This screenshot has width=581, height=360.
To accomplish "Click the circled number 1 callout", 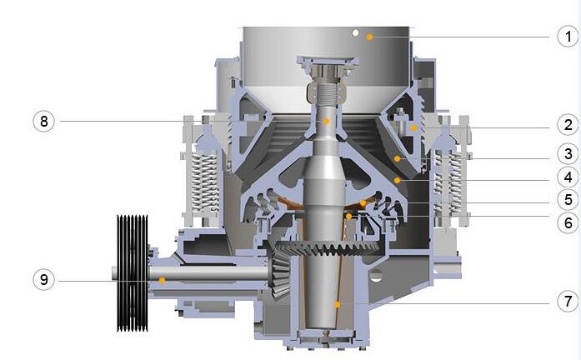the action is pyautogui.click(x=568, y=37).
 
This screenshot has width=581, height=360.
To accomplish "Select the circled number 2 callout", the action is pyautogui.click(x=568, y=125).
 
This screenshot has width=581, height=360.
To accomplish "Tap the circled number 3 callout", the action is pyautogui.click(x=568, y=154).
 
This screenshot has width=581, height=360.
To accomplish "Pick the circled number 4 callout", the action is pyautogui.click(x=568, y=177).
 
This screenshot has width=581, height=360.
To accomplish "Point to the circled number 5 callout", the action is pyautogui.click(x=568, y=200).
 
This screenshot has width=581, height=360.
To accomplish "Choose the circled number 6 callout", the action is pyautogui.click(x=568, y=223).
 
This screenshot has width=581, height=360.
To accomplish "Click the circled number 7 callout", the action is pyautogui.click(x=568, y=301).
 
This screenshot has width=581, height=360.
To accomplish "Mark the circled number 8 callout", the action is pyautogui.click(x=43, y=121).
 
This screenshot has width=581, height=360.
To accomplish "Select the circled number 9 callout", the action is pyautogui.click(x=43, y=280).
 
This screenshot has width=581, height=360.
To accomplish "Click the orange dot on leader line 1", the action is pyautogui.click(x=369, y=37).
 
